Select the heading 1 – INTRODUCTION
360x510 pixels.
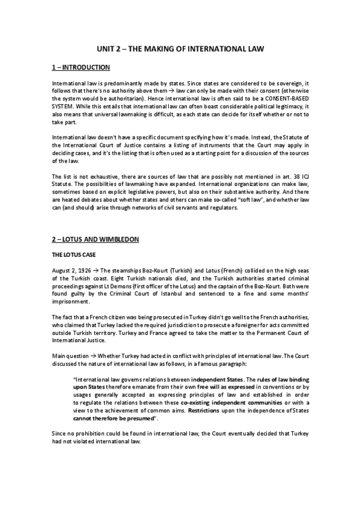point(81,67)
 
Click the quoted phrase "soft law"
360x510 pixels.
point(239,199)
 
